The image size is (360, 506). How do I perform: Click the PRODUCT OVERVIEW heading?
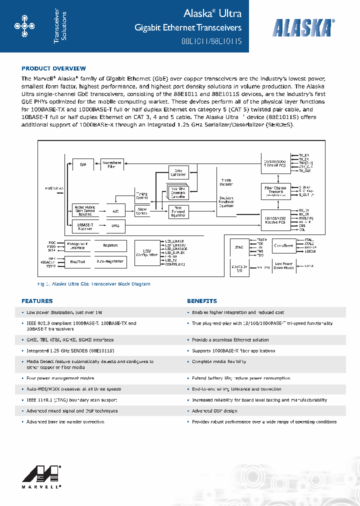click(x=53, y=68)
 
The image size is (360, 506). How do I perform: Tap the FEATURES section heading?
click(x=37, y=301)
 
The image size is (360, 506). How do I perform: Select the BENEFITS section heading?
click(x=202, y=301)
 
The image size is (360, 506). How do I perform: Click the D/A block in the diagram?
click(x=83, y=163)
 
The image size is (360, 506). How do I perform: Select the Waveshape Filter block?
click(x=111, y=164)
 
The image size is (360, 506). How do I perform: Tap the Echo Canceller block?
click(x=177, y=172)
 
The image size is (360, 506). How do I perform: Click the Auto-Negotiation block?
click(x=110, y=261)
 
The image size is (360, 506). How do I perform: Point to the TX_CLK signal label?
click(x=304, y=171)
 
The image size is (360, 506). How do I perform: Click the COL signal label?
click(x=301, y=229)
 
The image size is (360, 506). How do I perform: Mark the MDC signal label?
click(x=52, y=242)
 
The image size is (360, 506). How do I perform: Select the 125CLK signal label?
click(x=310, y=251)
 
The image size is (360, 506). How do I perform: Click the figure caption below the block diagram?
click(x=94, y=284)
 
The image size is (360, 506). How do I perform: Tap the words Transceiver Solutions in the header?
click(x=60, y=27)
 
